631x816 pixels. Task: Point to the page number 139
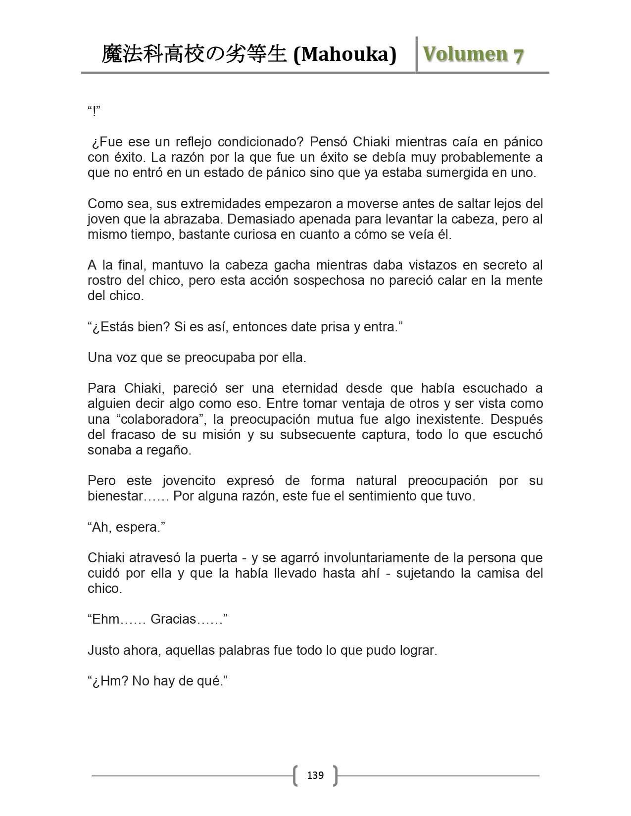coord(315,775)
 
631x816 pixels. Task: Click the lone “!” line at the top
coord(94,111)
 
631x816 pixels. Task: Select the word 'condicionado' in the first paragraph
coord(256,142)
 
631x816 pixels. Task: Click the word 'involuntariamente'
coord(376,558)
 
